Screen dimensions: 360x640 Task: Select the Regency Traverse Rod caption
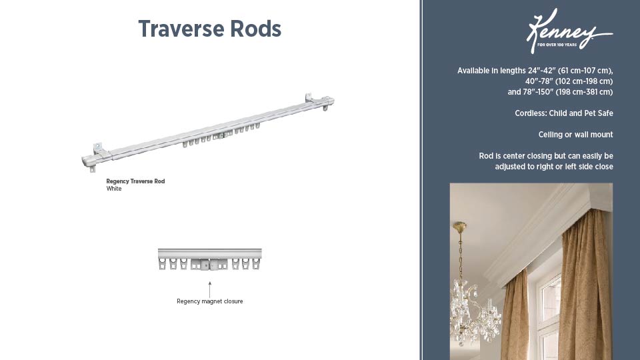[x=135, y=181]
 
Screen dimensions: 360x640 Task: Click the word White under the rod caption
[x=114, y=189]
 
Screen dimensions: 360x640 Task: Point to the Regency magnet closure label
[x=209, y=301]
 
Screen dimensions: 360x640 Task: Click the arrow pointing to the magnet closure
[x=209, y=288]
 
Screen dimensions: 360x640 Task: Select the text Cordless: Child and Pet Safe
[x=563, y=113]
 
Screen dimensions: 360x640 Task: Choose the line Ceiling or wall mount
[x=575, y=135]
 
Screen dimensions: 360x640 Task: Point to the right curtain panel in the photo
[x=587, y=287]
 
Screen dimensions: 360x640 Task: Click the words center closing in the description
[x=529, y=156]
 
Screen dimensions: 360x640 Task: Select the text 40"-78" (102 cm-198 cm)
[x=560, y=81]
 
